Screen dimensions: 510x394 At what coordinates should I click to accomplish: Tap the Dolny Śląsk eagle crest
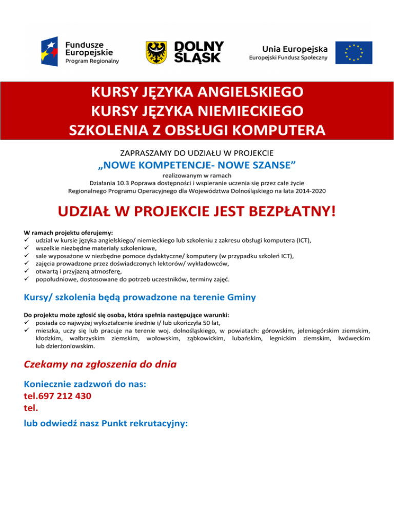156,52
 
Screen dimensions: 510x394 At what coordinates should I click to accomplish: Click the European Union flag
353,52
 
